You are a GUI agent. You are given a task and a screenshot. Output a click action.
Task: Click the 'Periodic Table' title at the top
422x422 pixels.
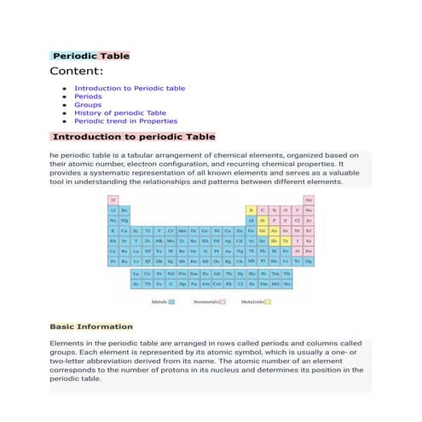click(90, 56)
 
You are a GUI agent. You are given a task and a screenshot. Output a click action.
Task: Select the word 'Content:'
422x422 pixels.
click(77, 72)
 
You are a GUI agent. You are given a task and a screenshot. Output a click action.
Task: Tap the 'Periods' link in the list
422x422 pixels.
click(88, 96)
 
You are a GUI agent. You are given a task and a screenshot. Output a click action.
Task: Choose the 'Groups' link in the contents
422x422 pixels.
click(88, 105)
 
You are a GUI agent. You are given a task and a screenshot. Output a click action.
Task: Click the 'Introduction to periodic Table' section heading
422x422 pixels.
click(134, 136)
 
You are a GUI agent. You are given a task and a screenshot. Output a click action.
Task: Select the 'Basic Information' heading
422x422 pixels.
click(91, 327)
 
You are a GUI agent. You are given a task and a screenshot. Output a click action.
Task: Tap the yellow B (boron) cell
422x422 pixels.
click(251, 210)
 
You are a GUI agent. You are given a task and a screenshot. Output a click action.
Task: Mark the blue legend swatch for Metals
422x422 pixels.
click(171, 302)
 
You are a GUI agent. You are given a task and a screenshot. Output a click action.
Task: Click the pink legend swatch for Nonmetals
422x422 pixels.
click(223, 302)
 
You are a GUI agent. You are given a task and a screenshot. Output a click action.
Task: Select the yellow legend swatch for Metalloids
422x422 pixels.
click(268, 302)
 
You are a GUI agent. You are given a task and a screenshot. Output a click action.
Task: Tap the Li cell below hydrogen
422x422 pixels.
click(113, 210)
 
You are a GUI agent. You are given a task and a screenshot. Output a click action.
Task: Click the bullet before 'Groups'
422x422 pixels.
click(65, 105)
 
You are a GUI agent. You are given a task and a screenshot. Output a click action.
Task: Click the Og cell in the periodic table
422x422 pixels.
click(309, 261)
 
